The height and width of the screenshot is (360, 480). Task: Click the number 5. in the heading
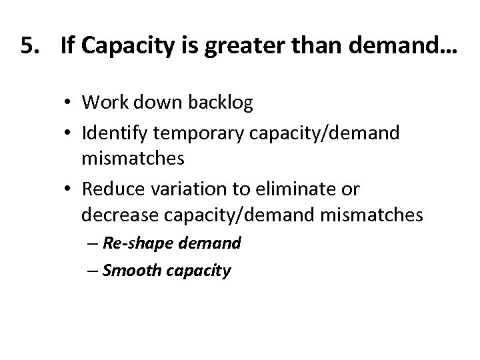tap(29, 47)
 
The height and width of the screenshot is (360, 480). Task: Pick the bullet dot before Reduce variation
tap(70, 190)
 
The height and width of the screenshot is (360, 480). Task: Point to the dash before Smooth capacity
tap(93, 271)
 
